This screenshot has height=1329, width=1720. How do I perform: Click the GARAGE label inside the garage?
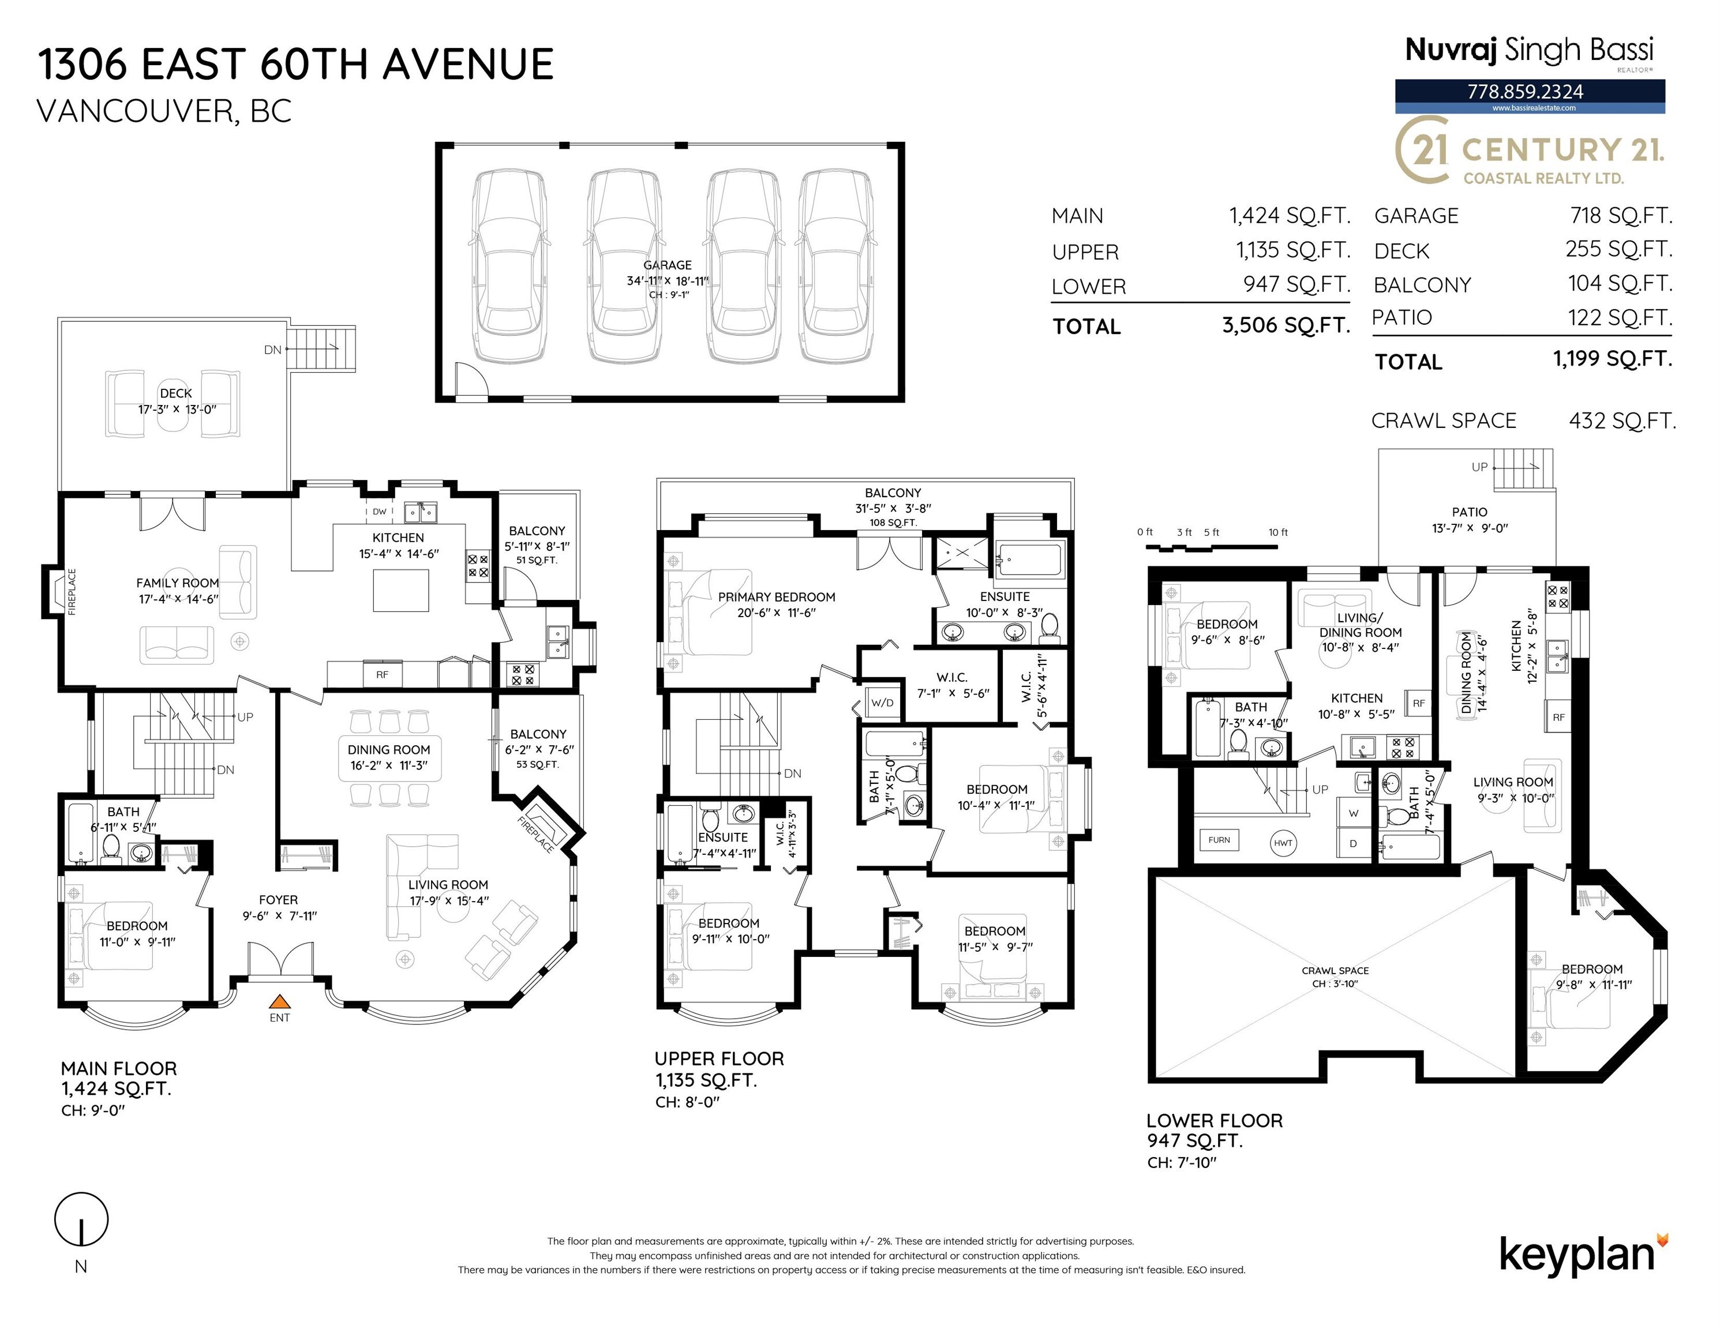click(x=667, y=265)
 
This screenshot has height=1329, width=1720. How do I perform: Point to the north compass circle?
click(x=81, y=1219)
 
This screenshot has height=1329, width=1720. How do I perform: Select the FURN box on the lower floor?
click(x=1219, y=840)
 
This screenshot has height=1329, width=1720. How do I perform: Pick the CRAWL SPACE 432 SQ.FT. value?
click(x=1621, y=421)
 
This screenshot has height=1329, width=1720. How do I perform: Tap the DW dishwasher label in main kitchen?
click(x=380, y=512)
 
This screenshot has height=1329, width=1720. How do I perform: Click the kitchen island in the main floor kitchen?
click(x=401, y=590)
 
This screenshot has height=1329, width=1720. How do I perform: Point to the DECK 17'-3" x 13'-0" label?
click(x=177, y=401)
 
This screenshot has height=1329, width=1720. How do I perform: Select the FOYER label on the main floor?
click(x=278, y=899)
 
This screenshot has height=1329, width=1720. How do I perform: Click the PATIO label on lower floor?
click(x=1470, y=512)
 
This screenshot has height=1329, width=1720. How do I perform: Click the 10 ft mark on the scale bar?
click(x=1277, y=533)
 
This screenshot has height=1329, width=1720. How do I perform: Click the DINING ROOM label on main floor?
click(x=389, y=749)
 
